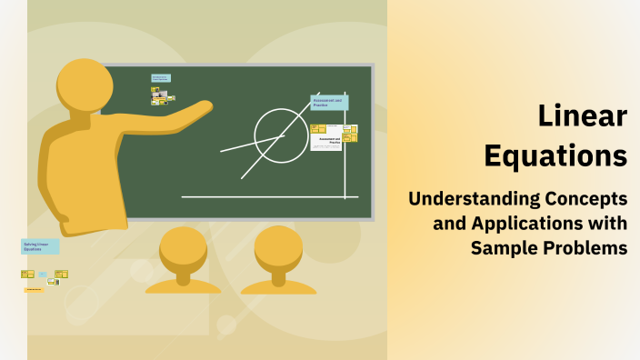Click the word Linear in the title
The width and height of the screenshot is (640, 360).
pyautogui.click(x=582, y=116)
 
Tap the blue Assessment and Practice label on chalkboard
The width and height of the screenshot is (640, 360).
pyautogui.click(x=328, y=103)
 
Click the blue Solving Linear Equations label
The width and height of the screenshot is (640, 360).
pyautogui.click(x=40, y=246)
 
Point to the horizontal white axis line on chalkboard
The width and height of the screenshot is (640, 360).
pyautogui.click(x=264, y=196)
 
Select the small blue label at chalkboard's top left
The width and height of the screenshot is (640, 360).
pyautogui.click(x=160, y=78)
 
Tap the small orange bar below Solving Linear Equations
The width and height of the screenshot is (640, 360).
pyautogui.click(x=34, y=289)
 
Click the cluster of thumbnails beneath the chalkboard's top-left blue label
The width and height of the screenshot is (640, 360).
pyautogui.click(x=163, y=95)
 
